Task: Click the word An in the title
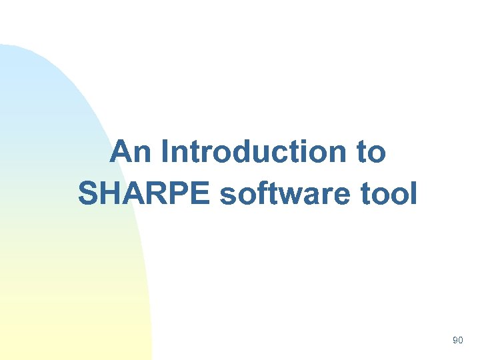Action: [131, 152]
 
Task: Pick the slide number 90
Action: [457, 341]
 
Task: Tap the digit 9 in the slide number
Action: [455, 341]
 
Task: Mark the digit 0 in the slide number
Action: [460, 341]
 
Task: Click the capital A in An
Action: [121, 152]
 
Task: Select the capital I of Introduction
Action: [165, 152]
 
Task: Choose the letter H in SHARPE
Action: [111, 194]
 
